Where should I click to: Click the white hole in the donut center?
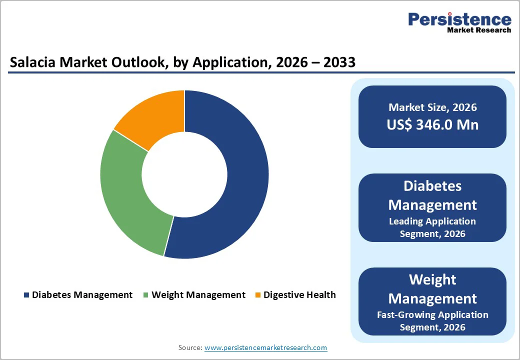click(184, 174)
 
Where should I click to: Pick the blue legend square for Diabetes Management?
click(26, 295)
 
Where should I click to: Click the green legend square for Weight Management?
click(146, 295)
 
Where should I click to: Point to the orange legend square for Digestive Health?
click(258, 295)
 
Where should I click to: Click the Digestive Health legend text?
click(299, 295)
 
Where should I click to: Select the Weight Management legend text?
click(198, 295)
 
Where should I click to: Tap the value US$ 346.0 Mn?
click(432, 125)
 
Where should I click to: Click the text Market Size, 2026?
click(432, 107)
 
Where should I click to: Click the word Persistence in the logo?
click(459, 19)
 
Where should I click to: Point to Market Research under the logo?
click(479, 30)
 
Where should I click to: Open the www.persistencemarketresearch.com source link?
click(265, 347)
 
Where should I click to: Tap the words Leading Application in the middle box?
click(432, 221)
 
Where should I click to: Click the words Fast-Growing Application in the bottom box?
click(432, 314)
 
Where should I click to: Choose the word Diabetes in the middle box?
click(432, 186)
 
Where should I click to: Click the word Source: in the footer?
click(190, 347)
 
